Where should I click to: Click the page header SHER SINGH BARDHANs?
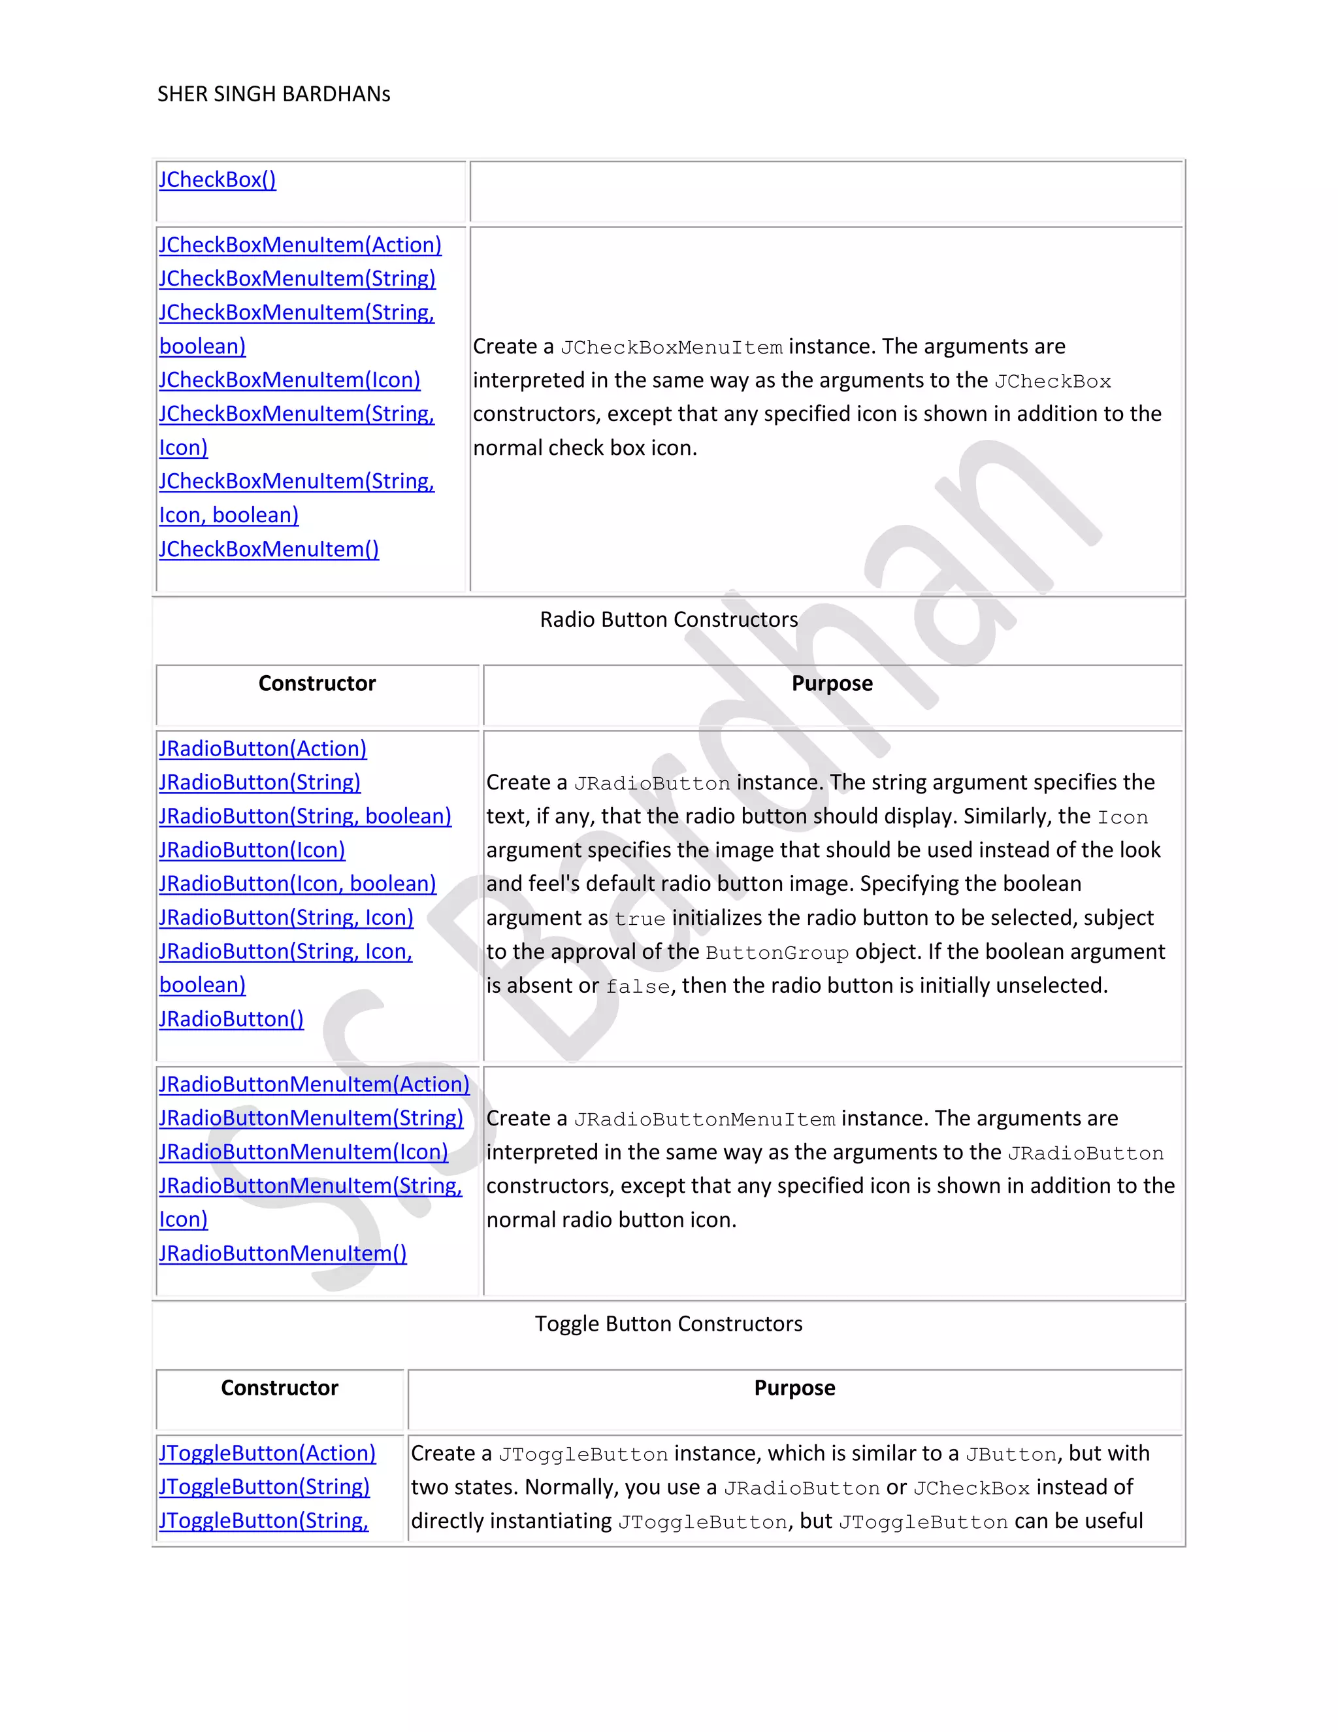(274, 94)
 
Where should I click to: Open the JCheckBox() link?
(217, 180)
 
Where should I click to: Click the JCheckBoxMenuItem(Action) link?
(300, 245)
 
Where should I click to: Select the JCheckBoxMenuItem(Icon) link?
(289, 380)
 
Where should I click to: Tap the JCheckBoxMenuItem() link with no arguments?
(269, 549)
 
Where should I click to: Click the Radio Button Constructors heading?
(668, 620)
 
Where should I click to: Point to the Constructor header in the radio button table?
(317, 684)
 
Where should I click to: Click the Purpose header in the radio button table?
(832, 684)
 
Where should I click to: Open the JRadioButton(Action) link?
(263, 748)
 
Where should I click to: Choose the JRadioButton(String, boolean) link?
(304, 816)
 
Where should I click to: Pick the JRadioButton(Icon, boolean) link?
(297, 884)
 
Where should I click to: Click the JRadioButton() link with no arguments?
(231, 1019)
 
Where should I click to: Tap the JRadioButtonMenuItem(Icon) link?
(302, 1152)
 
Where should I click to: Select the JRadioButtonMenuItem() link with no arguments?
(282, 1253)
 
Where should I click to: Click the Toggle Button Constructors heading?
(668, 1324)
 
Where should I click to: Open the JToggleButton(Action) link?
(267, 1453)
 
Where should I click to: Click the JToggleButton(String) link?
(264, 1487)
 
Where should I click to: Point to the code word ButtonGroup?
(777, 952)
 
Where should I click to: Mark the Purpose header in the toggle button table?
(794, 1388)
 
